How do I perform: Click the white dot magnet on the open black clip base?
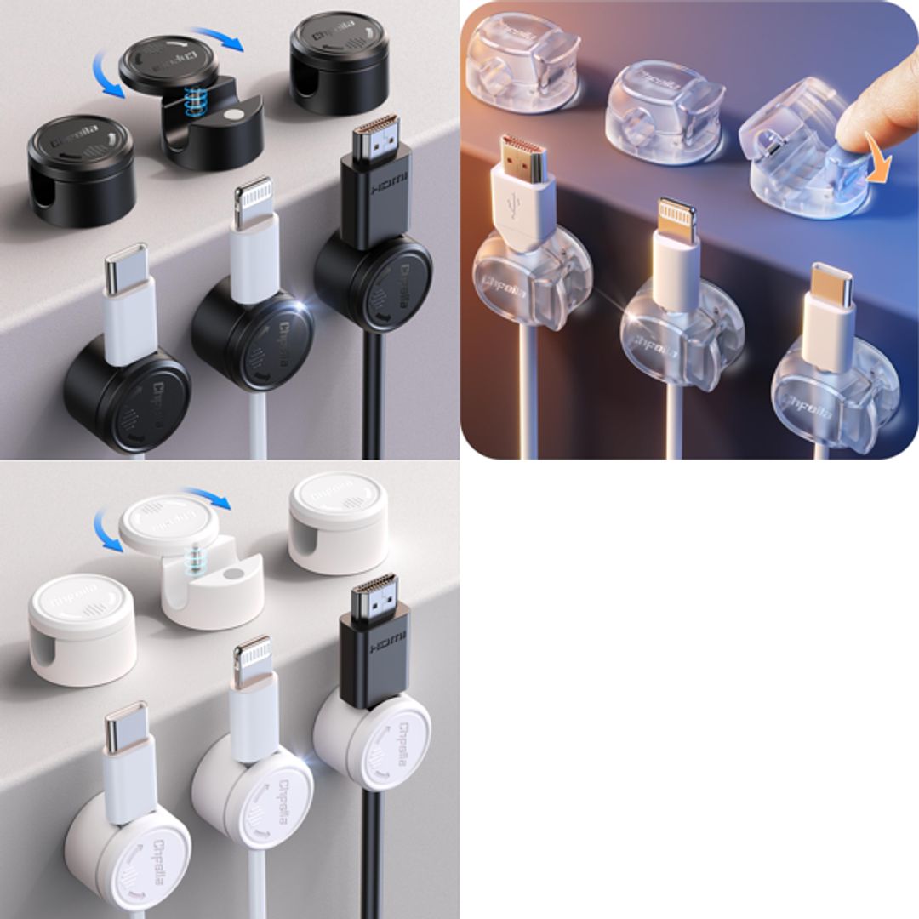click(x=231, y=112)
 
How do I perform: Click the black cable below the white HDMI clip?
click(x=371, y=851)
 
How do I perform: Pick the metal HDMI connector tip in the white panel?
click(x=374, y=595)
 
